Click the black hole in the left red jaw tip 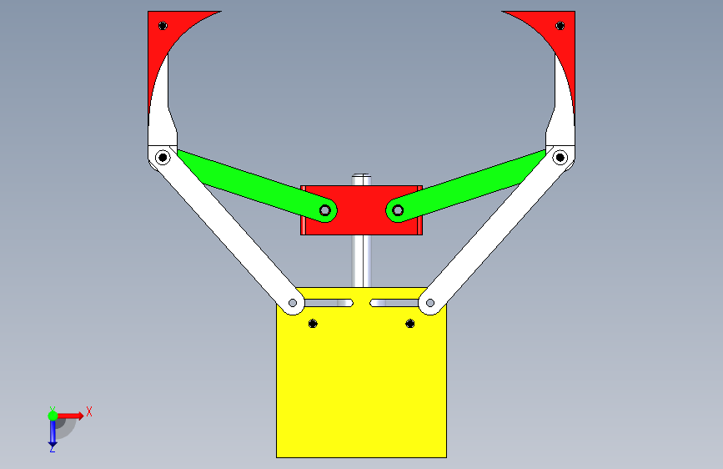coord(163,26)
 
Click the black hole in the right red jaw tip coord(560,26)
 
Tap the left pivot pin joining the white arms coord(163,158)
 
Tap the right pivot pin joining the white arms coord(560,158)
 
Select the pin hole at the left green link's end coord(325,211)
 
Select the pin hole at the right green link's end coord(398,211)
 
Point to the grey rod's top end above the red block coord(362,175)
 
